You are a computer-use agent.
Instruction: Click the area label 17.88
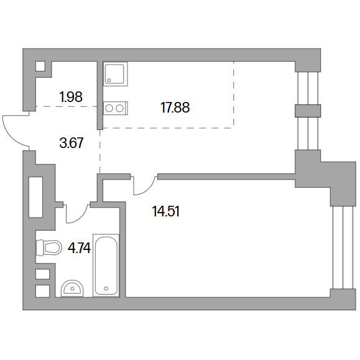coord(175,108)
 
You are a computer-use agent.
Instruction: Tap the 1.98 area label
coord(71,97)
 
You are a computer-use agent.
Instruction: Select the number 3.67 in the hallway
coord(71,143)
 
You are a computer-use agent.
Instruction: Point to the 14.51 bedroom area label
coord(165,211)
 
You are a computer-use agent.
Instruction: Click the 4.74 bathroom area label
coord(79,248)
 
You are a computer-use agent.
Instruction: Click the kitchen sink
coord(116,74)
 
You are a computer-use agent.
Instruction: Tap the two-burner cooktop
coord(116,108)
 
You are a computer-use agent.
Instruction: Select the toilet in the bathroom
coord(49,247)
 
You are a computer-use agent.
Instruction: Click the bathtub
coord(106,265)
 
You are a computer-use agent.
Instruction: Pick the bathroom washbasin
coord(72,288)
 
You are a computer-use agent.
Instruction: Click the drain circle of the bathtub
coord(106,288)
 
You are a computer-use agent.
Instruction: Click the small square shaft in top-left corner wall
coord(40,67)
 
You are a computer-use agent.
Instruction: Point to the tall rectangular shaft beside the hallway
coord(35,197)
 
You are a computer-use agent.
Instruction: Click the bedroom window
coord(343,247)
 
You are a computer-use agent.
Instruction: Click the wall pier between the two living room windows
coord(308,111)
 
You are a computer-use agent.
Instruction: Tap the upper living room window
coord(308,88)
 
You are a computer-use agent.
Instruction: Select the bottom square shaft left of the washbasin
coord(42,291)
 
